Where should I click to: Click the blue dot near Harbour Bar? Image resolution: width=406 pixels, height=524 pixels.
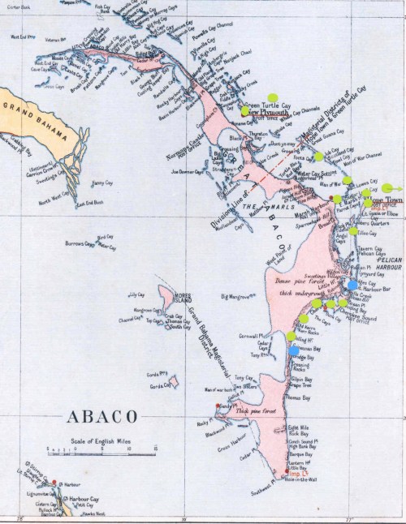[351, 285]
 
